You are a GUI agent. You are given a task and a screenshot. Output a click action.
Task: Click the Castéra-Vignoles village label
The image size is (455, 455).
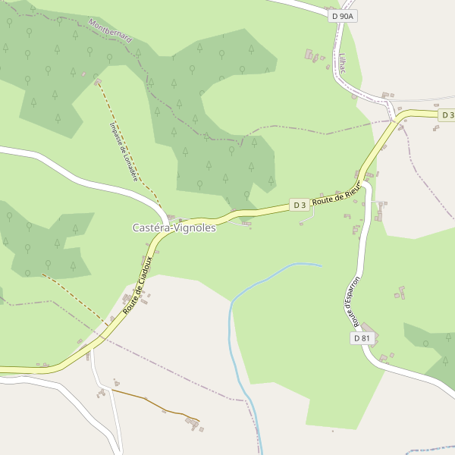(x=174, y=227)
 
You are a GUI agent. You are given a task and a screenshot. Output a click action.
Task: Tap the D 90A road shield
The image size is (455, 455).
(x=343, y=15)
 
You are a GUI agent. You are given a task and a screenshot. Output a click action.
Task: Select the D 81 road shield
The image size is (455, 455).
(x=362, y=338)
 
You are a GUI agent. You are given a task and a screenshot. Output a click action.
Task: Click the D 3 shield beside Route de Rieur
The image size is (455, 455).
(x=299, y=205)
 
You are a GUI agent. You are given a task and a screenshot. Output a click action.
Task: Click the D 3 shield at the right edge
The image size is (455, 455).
(x=447, y=115)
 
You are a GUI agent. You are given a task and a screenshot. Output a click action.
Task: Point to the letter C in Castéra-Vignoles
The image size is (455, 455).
(x=136, y=227)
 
